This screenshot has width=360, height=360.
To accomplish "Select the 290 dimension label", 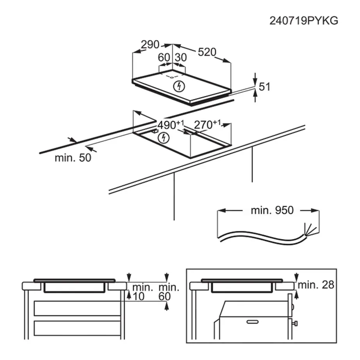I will pyautogui.click(x=150, y=45).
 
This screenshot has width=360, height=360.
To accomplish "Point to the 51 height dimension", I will pyautogui.click(x=265, y=87).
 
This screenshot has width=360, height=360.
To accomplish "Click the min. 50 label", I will pyautogui.click(x=73, y=158).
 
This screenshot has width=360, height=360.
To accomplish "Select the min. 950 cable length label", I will pyautogui.click(x=272, y=210).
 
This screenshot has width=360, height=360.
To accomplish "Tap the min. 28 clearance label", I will pyautogui.click(x=316, y=285).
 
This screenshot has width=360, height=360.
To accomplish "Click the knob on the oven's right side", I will pyautogui.click(x=296, y=323).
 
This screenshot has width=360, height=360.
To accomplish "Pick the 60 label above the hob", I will pyautogui.click(x=164, y=57).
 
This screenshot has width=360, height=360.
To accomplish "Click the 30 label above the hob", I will pyautogui.click(x=180, y=57).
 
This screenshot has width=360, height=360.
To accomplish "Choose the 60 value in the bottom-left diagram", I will pyautogui.click(x=165, y=297).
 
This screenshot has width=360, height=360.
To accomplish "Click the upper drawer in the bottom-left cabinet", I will pyautogui.click(x=77, y=308).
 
